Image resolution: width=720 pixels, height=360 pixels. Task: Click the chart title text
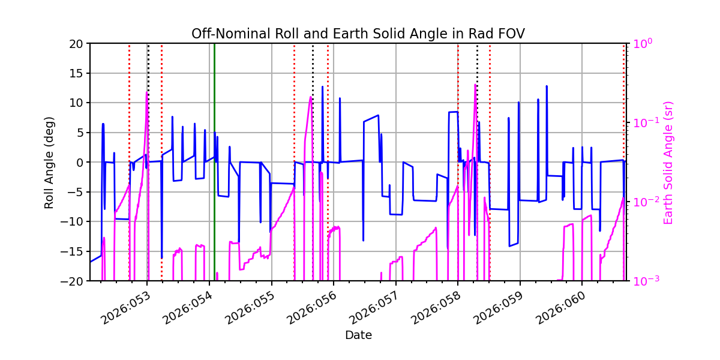tap(358, 34)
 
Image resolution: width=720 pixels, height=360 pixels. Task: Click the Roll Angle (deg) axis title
tap(50, 162)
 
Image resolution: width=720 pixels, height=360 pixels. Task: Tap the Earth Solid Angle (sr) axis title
tap(668, 163)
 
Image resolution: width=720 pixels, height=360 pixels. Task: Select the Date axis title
tap(358, 335)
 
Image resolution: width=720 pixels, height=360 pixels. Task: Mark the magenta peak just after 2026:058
tap(475, 86)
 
